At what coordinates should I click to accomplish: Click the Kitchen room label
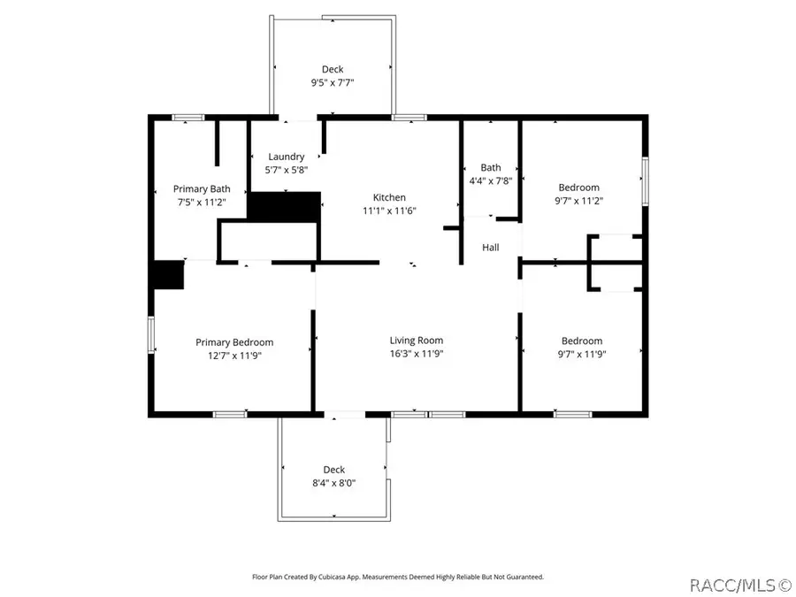click(389, 197)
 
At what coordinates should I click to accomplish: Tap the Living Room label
click(417, 340)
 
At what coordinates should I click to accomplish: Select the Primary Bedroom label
click(234, 342)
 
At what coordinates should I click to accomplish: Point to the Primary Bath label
click(202, 188)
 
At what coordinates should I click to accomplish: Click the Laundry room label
click(287, 157)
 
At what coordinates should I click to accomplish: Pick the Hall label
click(490, 248)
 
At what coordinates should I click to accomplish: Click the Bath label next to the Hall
click(490, 167)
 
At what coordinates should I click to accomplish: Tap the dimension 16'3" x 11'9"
click(417, 354)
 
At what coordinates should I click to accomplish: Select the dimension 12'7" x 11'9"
click(234, 356)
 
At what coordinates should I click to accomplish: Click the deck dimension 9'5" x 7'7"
click(333, 83)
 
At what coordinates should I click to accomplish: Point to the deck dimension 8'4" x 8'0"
click(333, 483)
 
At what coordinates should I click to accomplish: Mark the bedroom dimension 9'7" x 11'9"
click(582, 354)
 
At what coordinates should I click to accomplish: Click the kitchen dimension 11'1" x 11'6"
click(389, 210)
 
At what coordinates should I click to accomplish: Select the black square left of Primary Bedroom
click(166, 274)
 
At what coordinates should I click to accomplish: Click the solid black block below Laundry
click(283, 206)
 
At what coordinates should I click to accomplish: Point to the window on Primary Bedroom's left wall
click(150, 336)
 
